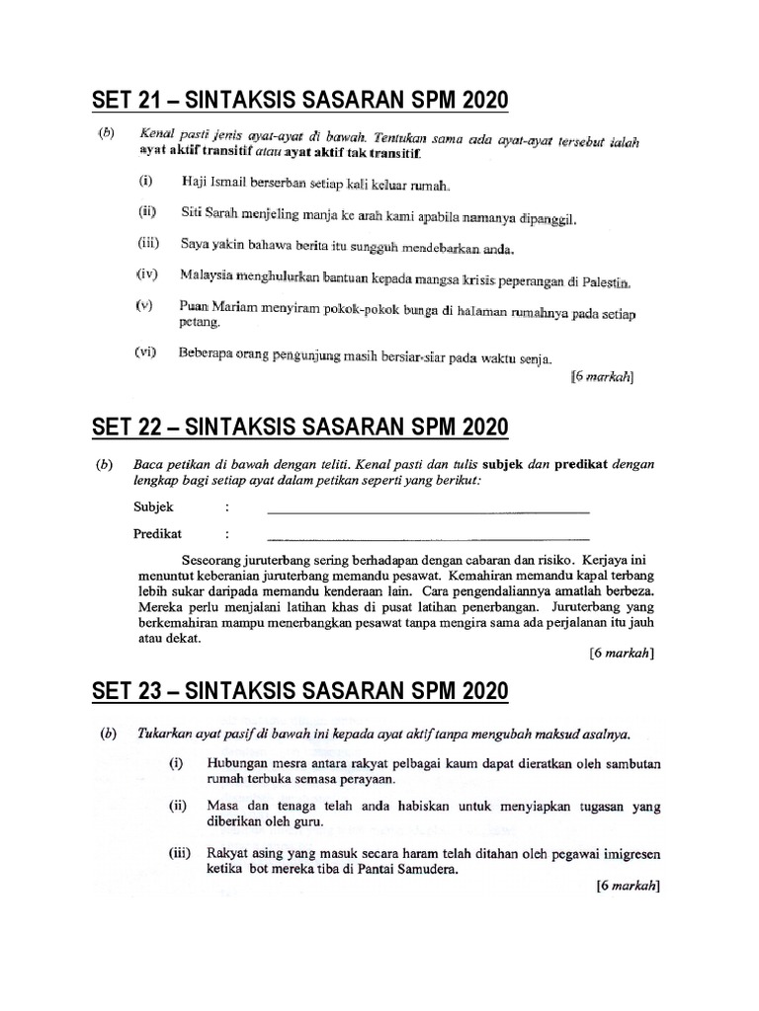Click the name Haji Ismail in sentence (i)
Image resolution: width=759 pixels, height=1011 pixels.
click(215, 183)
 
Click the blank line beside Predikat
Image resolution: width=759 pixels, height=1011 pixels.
click(428, 539)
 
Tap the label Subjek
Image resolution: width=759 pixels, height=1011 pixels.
click(154, 507)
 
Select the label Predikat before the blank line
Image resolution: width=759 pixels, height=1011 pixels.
click(158, 534)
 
